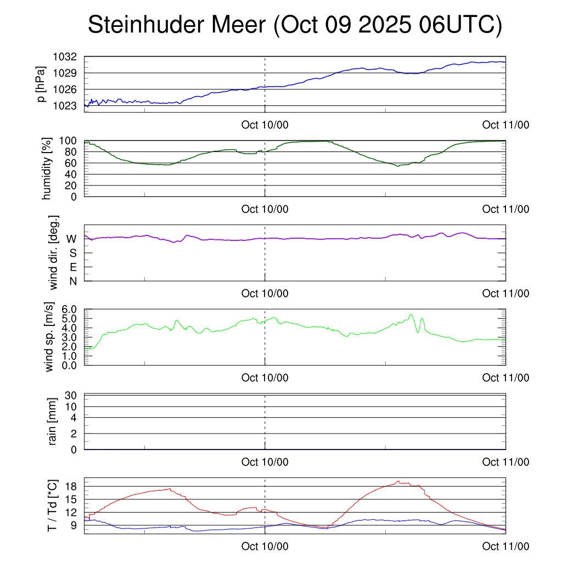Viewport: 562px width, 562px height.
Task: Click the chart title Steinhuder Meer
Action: pyautogui.click(x=295, y=26)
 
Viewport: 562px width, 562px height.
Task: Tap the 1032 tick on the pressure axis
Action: pyautogui.click(x=64, y=57)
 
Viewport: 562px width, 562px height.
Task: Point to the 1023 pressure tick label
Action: pyautogui.click(x=64, y=105)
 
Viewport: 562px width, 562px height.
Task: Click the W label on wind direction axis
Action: pyautogui.click(x=71, y=239)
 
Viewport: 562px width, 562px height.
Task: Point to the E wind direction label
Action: pyautogui.click(x=72, y=267)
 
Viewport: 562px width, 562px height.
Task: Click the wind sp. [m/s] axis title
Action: pyautogui.click(x=49, y=338)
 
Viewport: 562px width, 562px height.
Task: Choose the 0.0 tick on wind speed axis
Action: pyautogui.click(x=68, y=366)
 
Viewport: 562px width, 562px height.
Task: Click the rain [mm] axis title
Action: pyautogui.click(x=53, y=423)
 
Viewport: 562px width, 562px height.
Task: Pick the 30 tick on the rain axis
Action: pyautogui.click(x=70, y=395)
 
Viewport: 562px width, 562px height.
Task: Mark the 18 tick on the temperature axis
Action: pyautogui.click(x=70, y=486)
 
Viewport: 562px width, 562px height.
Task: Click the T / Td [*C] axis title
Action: pyautogui.click(x=53, y=505)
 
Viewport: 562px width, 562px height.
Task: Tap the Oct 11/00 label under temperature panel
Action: pyautogui.click(x=505, y=547)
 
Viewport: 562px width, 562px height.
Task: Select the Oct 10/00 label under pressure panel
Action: pyautogui.click(x=265, y=125)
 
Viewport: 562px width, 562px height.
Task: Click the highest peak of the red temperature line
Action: pyautogui.click(x=398, y=481)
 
